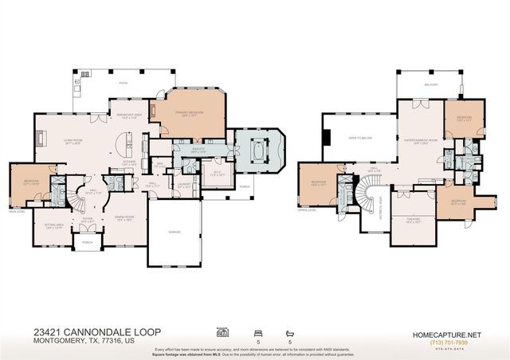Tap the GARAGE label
[174, 232]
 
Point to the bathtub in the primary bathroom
[258, 149]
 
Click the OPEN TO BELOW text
[361, 137]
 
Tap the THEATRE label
[414, 218]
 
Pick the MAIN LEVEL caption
[16, 212]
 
